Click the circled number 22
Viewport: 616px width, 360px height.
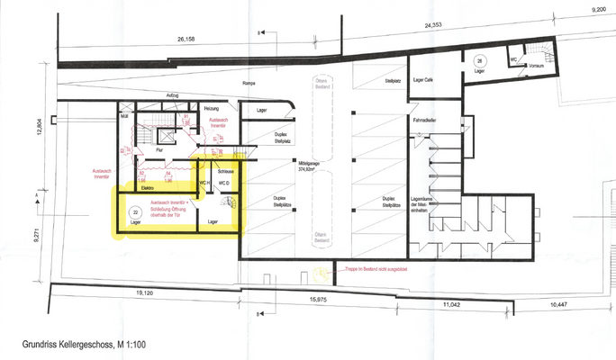tap(136, 213)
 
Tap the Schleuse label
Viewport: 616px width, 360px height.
tap(227, 171)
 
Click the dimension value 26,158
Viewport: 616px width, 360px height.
tap(186, 40)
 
